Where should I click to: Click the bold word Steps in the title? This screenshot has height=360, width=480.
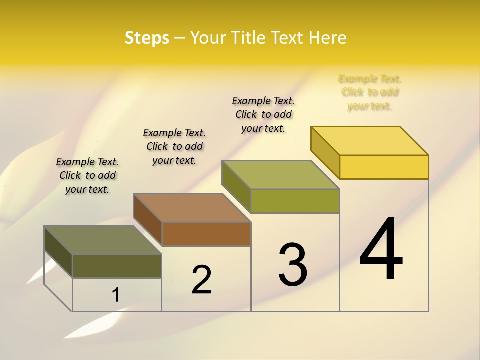(147, 38)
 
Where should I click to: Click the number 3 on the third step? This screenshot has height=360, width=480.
(293, 264)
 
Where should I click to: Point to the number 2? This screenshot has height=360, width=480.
(201, 279)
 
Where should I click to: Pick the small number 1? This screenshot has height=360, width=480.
(115, 295)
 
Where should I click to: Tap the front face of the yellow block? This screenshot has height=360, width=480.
(384, 167)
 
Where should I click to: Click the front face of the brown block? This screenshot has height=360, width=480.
(206, 234)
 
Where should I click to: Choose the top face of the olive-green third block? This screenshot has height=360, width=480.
(281, 175)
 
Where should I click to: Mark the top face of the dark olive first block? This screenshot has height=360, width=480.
(103, 240)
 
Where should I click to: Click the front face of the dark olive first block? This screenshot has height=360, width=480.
(117, 266)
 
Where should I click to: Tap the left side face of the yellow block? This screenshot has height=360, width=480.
(325, 152)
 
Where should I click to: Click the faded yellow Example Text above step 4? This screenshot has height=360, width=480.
(370, 92)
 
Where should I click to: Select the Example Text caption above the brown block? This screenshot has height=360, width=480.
(174, 146)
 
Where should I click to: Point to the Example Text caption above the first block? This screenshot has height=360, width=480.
(87, 175)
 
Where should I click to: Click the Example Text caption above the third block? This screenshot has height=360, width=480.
(263, 114)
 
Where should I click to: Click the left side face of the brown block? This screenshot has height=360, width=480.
(148, 220)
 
